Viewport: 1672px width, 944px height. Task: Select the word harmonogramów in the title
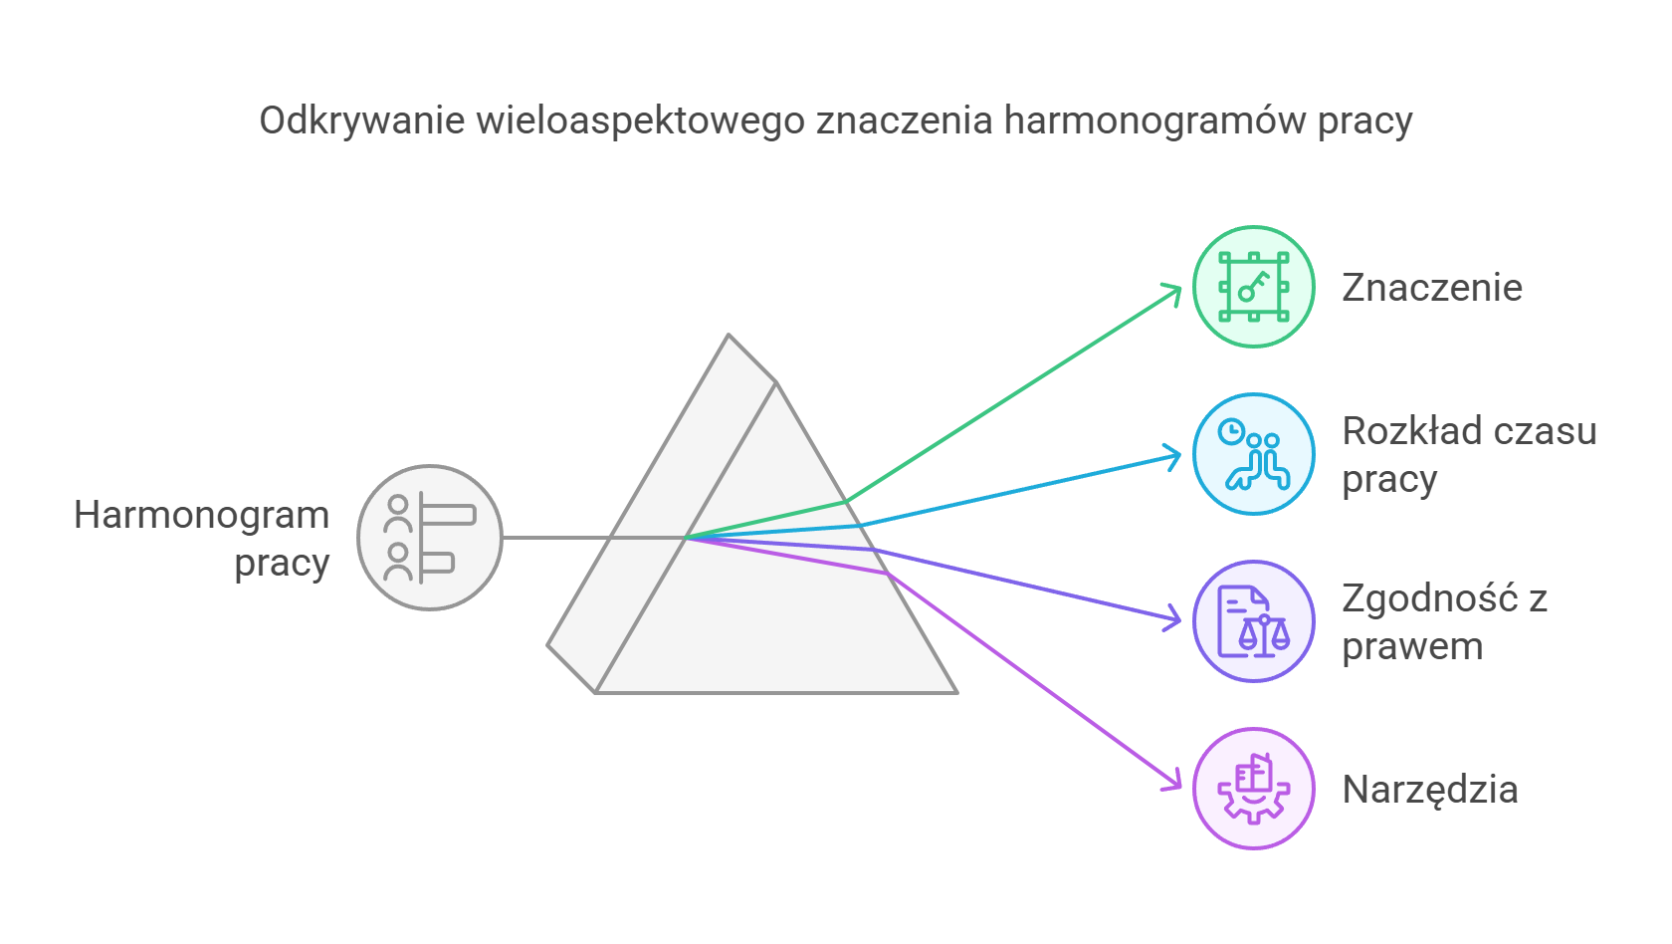coord(1154,120)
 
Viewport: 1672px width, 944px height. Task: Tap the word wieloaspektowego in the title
coord(640,120)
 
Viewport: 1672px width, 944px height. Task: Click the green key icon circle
coord(1253,287)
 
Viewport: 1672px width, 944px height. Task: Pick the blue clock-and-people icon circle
coord(1253,454)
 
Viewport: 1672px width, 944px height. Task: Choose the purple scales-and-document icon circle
coord(1253,621)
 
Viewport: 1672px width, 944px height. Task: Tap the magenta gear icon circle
coord(1253,789)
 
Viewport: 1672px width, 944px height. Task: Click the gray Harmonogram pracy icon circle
coord(430,538)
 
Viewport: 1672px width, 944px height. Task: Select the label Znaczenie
coord(1431,288)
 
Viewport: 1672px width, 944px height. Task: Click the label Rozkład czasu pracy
coord(1468,455)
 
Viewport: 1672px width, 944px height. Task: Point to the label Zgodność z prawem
coord(1443,622)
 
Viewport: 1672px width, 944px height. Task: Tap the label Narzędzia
coord(1429,790)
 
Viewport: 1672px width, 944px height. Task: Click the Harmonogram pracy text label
coord(202,539)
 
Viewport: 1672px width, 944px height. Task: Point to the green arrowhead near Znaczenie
coord(1174,290)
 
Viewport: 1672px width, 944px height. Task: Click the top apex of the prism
coord(729,336)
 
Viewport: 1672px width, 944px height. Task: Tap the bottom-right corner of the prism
coord(954,691)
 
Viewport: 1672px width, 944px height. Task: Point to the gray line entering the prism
coord(557,538)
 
